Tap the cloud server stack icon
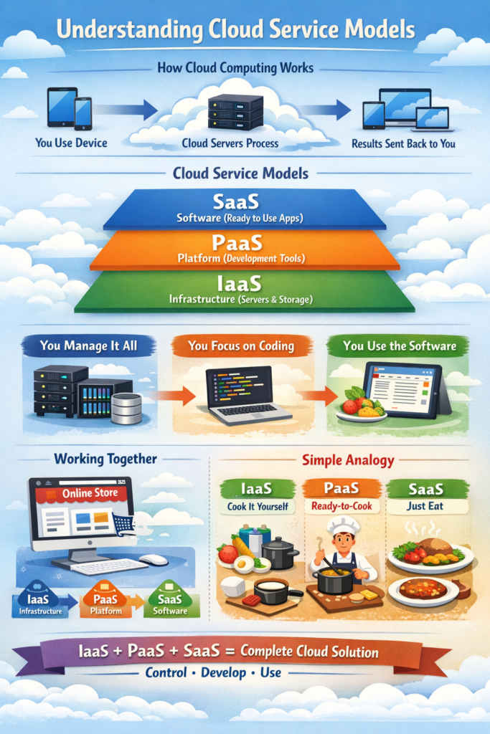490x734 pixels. coord(235,111)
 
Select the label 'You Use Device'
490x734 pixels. coord(71,143)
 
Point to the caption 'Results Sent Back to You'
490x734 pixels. coord(403,143)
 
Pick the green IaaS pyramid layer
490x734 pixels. coord(245,291)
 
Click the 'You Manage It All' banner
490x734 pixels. coord(89,346)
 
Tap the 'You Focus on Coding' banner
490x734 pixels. coord(241,346)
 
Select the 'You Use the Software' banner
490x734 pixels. coord(399,346)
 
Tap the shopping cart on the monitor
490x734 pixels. coord(123,525)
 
